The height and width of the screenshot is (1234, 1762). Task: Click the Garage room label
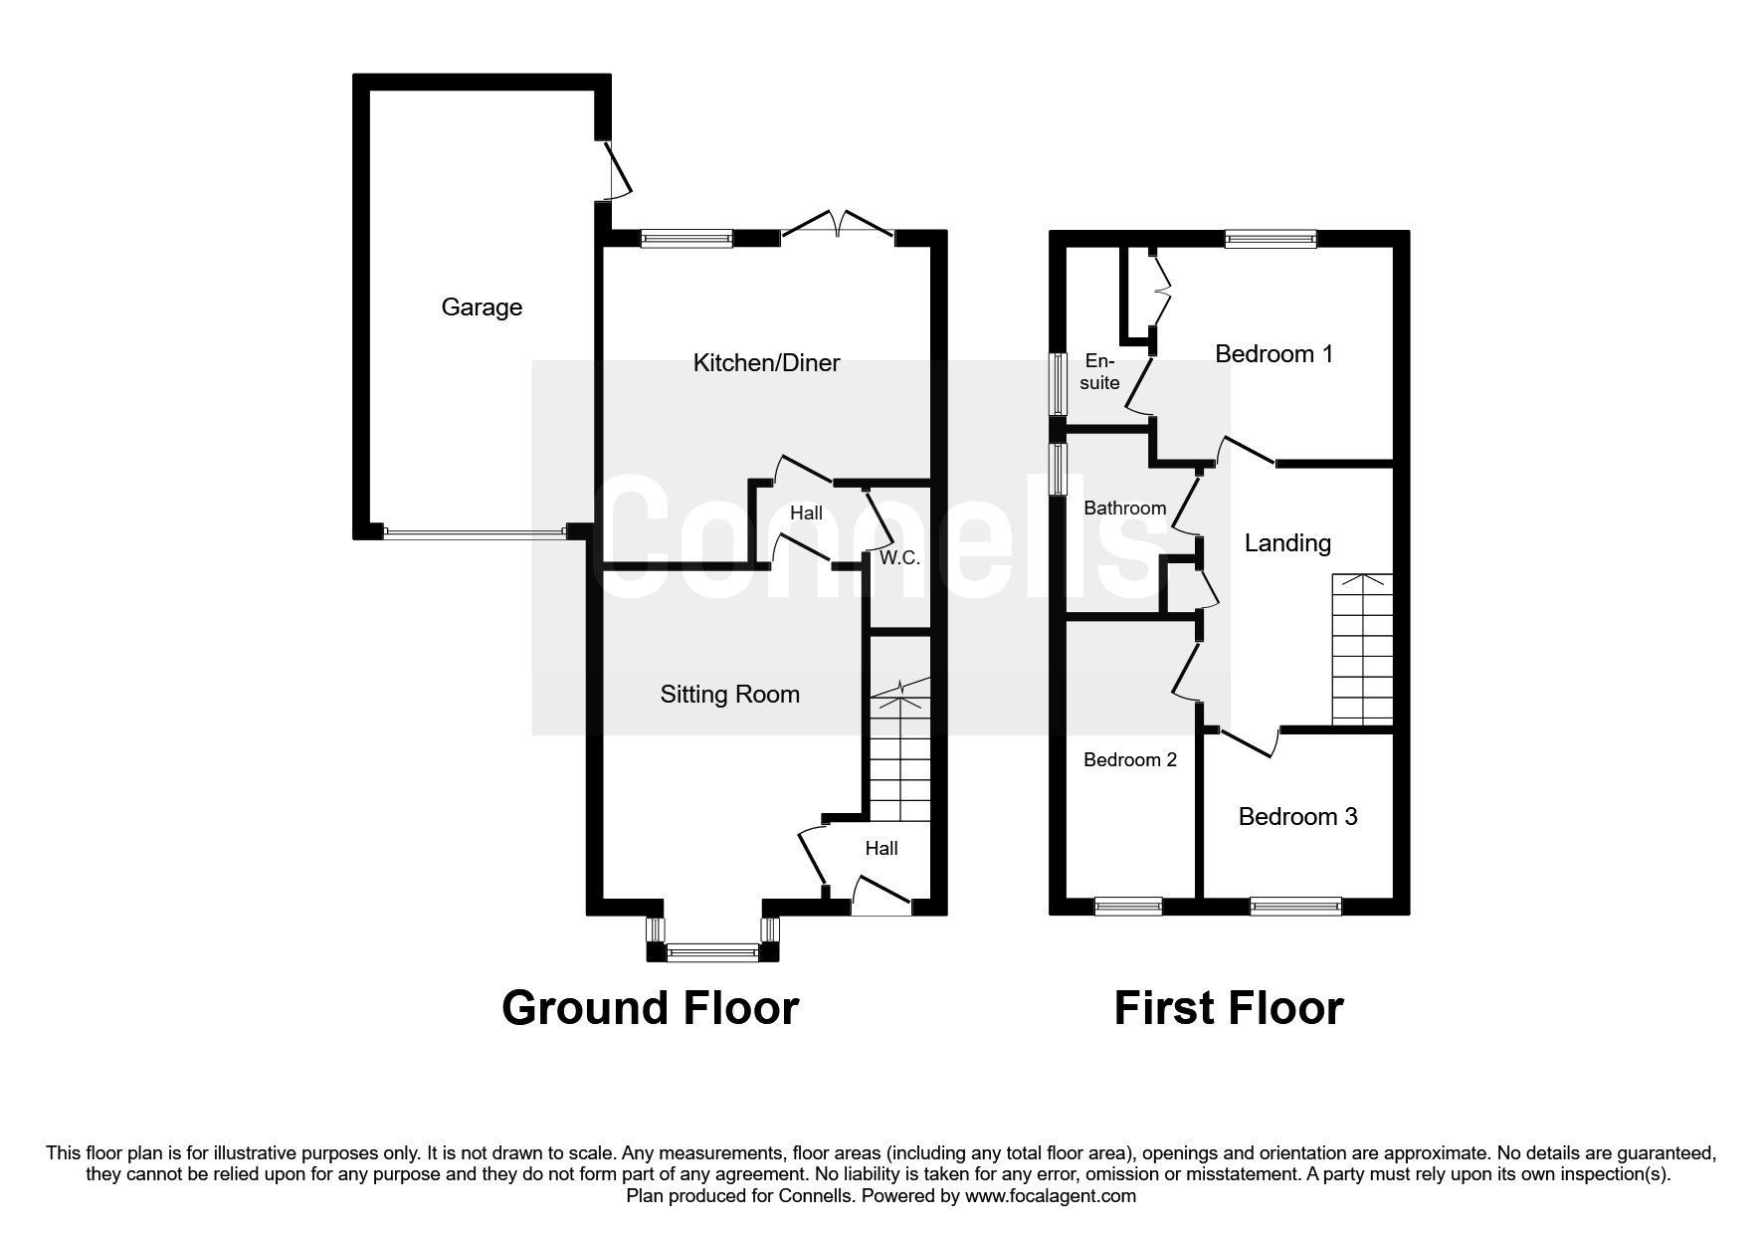[482, 308]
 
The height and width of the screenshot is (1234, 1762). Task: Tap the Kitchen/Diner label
[766, 363]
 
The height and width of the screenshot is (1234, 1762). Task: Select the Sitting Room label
[729, 695]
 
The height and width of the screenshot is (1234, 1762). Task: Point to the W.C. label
[899, 558]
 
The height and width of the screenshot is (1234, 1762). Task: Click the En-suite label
[1099, 371]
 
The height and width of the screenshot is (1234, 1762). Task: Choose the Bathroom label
[1124, 509]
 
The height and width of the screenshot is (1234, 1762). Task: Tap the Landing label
[1287, 543]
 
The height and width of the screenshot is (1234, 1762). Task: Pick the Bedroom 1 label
[1273, 354]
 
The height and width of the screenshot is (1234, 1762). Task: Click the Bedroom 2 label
[1129, 760]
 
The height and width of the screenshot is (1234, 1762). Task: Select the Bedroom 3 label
[1297, 817]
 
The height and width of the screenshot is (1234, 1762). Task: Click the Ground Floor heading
[650, 1007]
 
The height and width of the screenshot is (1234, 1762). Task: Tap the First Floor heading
[1228, 1007]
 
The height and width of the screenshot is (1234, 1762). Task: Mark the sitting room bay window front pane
[711, 953]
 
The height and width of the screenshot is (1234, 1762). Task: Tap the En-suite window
[1061, 382]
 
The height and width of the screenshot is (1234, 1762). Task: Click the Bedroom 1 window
[1271, 239]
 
